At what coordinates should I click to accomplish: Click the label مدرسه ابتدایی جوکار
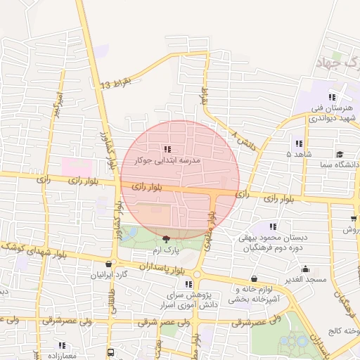coord(167,161)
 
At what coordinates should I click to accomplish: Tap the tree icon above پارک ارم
coord(166,239)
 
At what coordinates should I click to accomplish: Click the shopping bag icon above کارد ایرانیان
coord(108,264)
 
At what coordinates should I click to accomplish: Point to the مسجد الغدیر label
coord(307,280)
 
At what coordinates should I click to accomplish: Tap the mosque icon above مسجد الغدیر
coord(305,269)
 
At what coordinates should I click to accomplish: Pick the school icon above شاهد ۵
coord(299,143)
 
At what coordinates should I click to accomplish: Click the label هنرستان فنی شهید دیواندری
coord(331,113)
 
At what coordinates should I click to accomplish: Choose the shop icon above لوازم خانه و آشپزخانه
coord(253,278)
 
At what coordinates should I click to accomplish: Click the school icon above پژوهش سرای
coord(188,283)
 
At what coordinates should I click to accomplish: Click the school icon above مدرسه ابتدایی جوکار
coord(167,149)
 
